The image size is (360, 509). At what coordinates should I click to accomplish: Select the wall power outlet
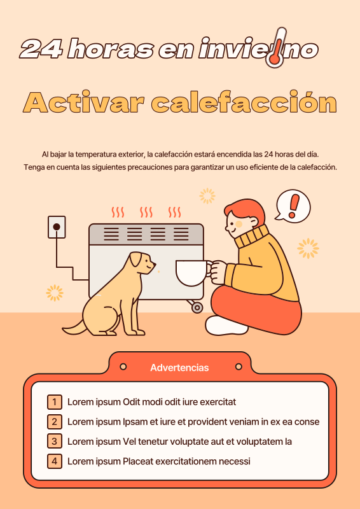[57, 227]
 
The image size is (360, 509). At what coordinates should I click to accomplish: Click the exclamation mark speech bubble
[293, 206]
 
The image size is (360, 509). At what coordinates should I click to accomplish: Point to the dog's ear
[135, 260]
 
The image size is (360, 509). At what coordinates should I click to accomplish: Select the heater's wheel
[197, 308]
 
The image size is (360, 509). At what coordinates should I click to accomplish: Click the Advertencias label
[179, 368]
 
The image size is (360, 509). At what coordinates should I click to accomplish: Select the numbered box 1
[55, 401]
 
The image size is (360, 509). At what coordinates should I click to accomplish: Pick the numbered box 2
[55, 421]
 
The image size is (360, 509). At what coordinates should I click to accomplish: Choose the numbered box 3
[55, 441]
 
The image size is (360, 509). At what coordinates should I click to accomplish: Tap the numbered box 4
[55, 461]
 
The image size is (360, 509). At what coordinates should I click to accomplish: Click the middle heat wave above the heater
[146, 211]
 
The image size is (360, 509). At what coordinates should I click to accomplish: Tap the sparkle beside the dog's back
[55, 293]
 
